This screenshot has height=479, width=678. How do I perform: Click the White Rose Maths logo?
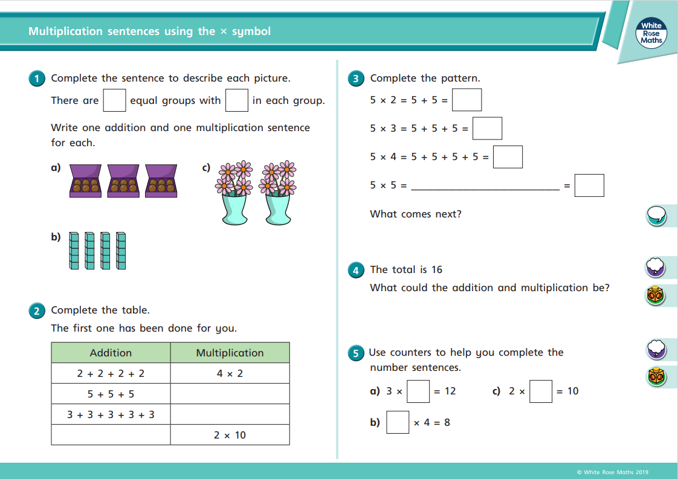[651, 33]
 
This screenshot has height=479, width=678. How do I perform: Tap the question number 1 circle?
[37, 79]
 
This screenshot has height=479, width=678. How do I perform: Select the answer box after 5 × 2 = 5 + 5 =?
[467, 100]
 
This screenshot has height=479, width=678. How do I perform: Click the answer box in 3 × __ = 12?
[418, 391]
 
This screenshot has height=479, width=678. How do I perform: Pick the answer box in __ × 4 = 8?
[398, 422]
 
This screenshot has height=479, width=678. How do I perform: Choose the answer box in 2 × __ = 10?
[541, 391]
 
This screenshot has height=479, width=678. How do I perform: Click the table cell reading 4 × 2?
[230, 373]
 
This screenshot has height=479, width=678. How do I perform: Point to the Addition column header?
[111, 353]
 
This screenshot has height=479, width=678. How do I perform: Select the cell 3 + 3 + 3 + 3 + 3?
[111, 414]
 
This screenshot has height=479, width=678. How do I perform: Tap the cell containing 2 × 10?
[230, 435]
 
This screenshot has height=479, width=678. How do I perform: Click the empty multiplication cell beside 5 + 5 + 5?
[230, 394]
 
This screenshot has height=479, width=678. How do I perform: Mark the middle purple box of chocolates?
[124, 181]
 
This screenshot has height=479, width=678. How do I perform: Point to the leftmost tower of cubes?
[74, 250]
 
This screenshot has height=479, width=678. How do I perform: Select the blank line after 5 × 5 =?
[485, 187]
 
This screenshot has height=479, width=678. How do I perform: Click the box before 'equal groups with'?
[114, 100]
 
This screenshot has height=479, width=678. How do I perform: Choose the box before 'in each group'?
[237, 100]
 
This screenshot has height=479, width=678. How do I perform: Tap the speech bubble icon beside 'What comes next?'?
[656, 214]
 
